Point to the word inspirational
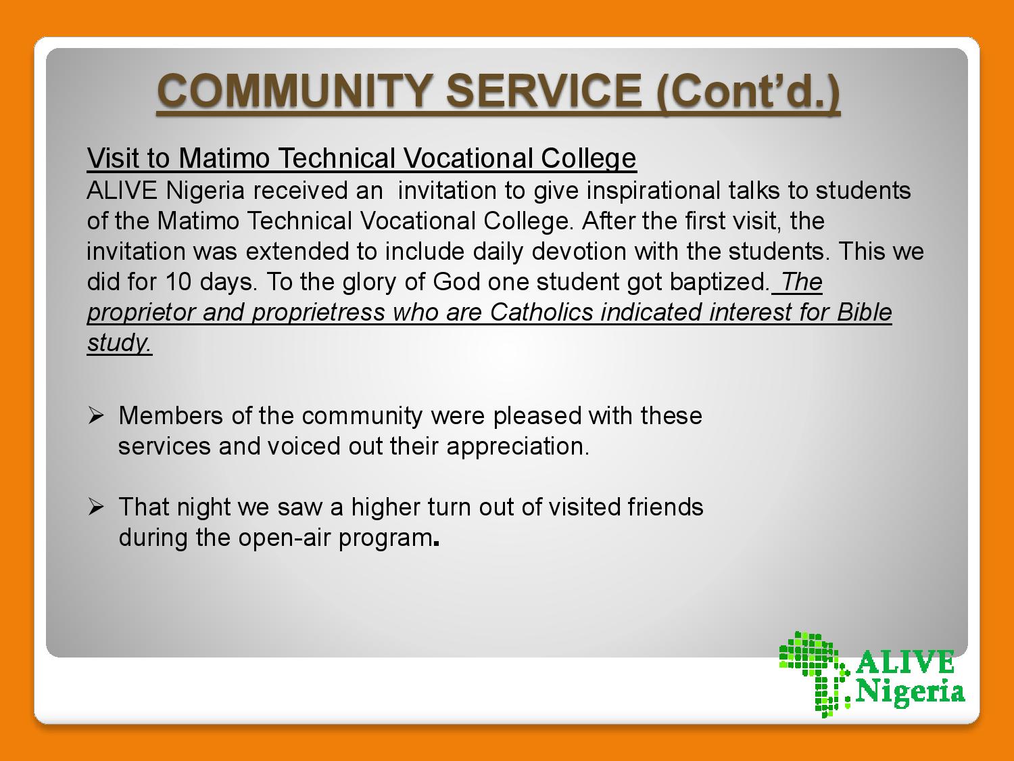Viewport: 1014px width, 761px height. tap(653, 191)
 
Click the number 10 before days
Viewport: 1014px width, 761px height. tap(178, 282)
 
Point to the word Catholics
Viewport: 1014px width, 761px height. tap(541, 312)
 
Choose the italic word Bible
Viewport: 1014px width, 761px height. tap(865, 312)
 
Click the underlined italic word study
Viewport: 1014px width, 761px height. tap(119, 343)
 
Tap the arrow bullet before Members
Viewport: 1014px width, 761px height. tap(95, 416)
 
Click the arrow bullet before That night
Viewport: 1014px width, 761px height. tap(95, 507)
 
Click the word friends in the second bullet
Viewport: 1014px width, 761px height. tap(665, 507)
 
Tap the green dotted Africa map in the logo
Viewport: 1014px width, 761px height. tap(814, 673)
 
